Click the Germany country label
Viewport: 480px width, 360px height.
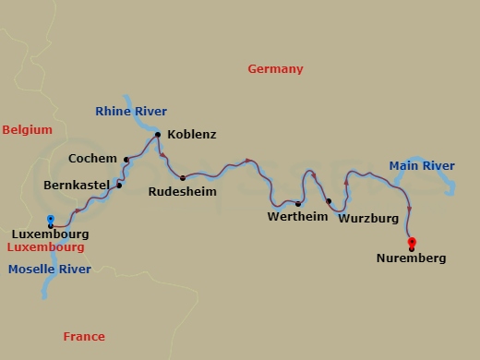[x=275, y=69]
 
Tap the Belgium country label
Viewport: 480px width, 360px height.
[x=27, y=130]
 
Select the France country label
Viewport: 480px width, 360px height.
[x=84, y=337]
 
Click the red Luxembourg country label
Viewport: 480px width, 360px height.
[x=45, y=247]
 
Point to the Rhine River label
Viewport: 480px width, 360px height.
[x=131, y=112]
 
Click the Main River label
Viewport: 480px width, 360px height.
[x=421, y=166]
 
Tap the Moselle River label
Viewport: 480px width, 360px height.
[x=49, y=270]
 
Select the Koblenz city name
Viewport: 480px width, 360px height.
[x=192, y=135]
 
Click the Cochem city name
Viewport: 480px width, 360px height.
[x=92, y=159]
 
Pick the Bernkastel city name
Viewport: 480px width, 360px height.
[x=78, y=186]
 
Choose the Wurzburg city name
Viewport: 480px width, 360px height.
[x=367, y=219]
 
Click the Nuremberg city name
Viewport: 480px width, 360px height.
[x=411, y=258]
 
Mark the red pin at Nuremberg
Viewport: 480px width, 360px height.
[x=412, y=243]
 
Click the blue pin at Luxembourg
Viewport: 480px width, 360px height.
[x=51, y=220]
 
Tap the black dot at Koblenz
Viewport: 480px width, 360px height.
[x=158, y=135]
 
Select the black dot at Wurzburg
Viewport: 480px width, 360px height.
[x=329, y=200]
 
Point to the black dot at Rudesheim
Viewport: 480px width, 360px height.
[x=183, y=177]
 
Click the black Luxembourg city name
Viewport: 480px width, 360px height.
[x=51, y=234]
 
